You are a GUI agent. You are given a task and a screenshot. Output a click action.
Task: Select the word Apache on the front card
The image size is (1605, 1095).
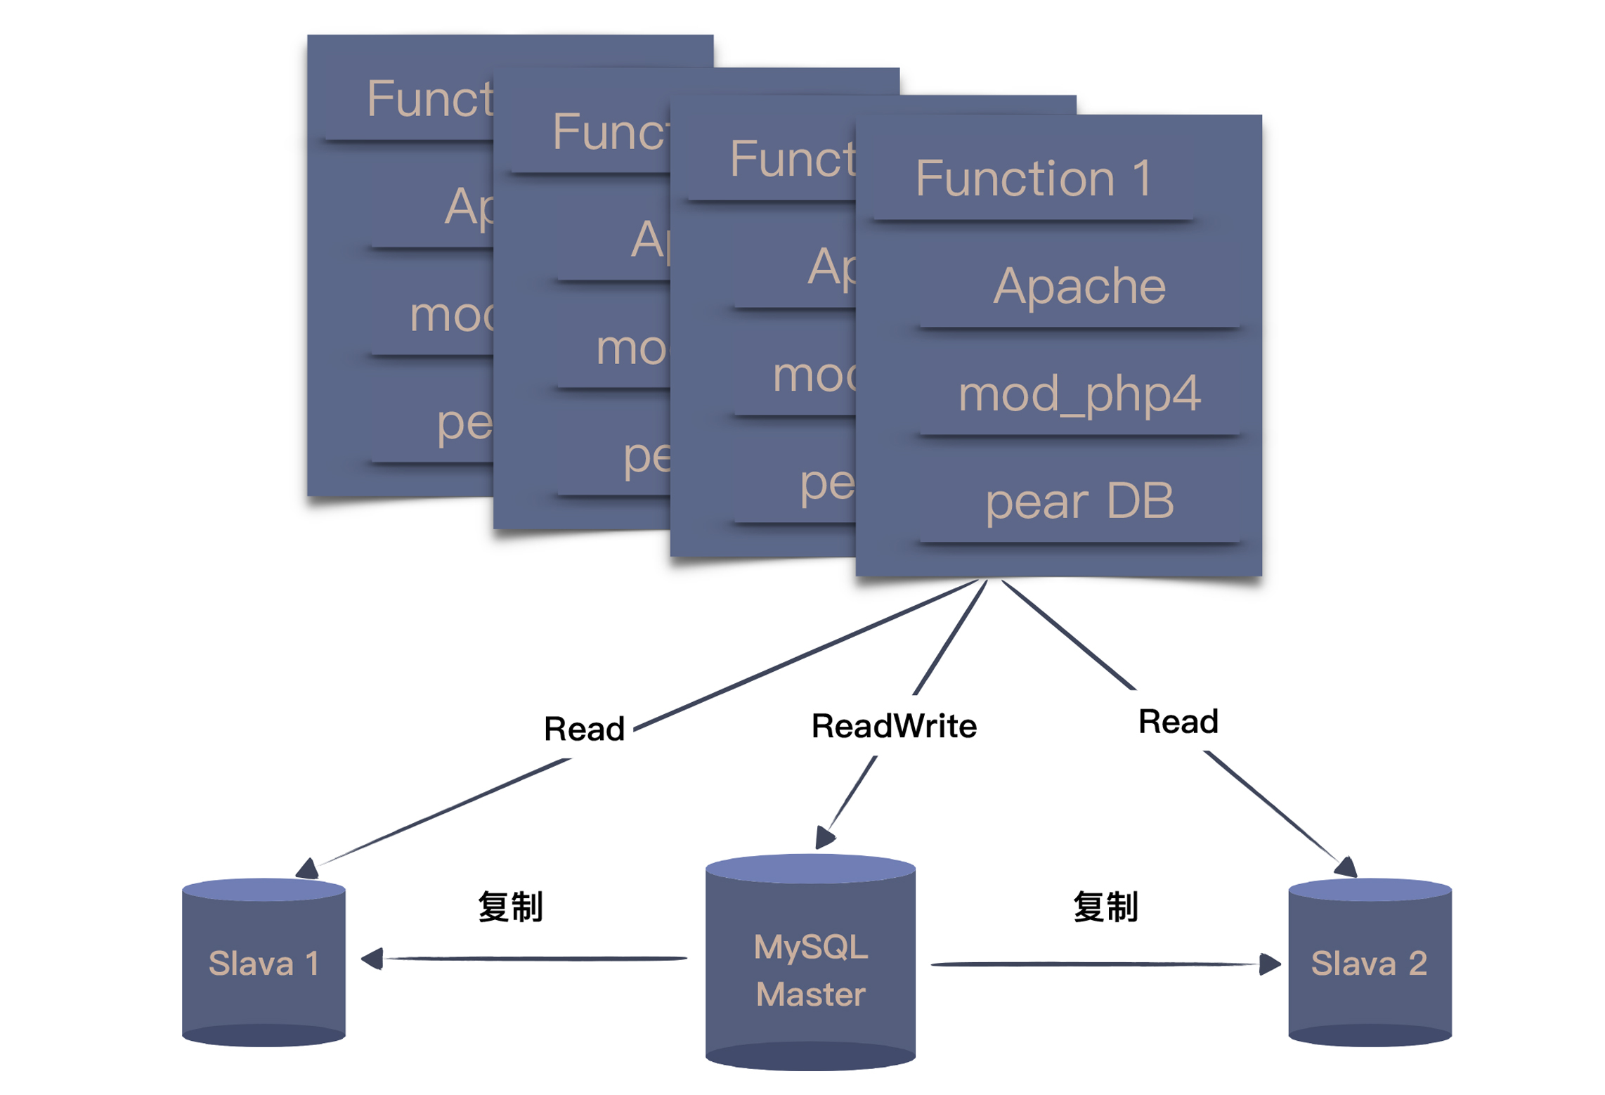[x=1079, y=286]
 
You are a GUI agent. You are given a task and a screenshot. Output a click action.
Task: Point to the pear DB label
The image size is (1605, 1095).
[x=1079, y=501]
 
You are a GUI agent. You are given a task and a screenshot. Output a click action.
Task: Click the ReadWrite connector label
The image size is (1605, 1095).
[x=893, y=725]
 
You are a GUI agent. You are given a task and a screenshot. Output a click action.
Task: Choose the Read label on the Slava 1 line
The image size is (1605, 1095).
[x=584, y=728]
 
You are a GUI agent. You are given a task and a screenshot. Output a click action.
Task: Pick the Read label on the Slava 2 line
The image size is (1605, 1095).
[x=1178, y=721]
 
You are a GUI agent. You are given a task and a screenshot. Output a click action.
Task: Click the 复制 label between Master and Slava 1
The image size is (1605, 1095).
[x=510, y=906]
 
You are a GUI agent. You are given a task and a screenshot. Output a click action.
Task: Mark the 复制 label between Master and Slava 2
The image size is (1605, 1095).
[x=1105, y=906]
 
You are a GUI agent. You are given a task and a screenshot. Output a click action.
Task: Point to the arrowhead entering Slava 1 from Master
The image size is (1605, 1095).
[x=372, y=958]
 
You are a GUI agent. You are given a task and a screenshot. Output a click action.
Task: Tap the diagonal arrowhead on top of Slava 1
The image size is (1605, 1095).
[x=308, y=869]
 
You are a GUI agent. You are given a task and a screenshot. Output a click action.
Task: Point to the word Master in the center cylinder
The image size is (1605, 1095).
[x=810, y=994]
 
